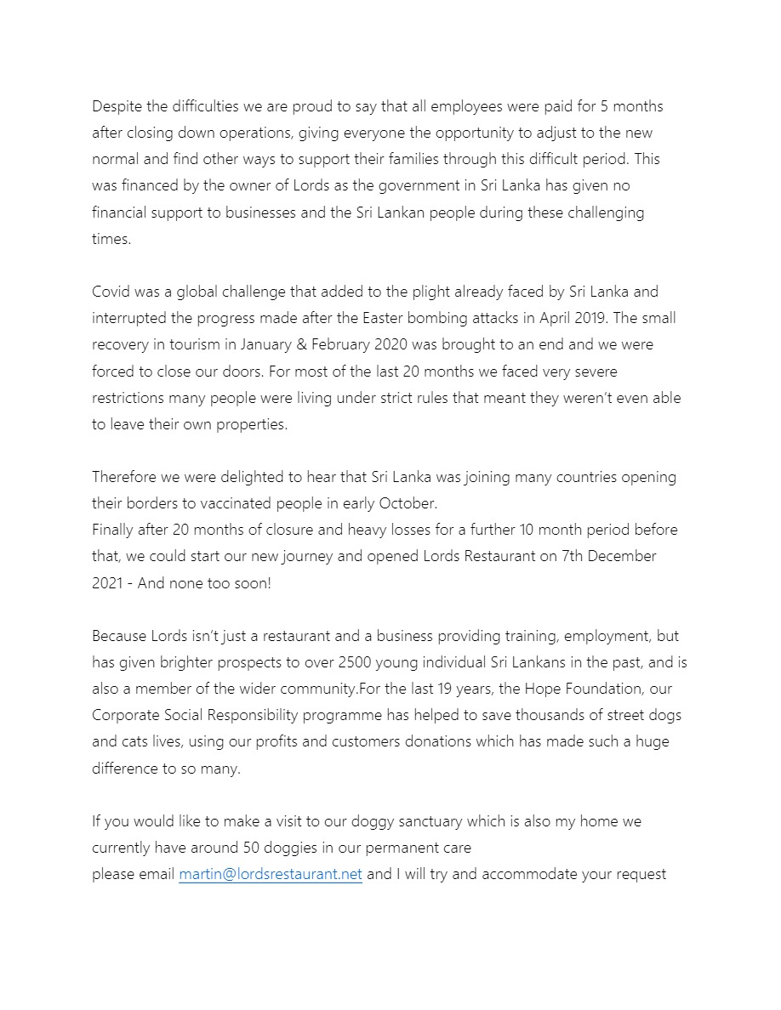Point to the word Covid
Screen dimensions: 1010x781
111,292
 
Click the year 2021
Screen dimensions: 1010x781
108,582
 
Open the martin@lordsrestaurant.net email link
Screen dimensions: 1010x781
271,875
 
